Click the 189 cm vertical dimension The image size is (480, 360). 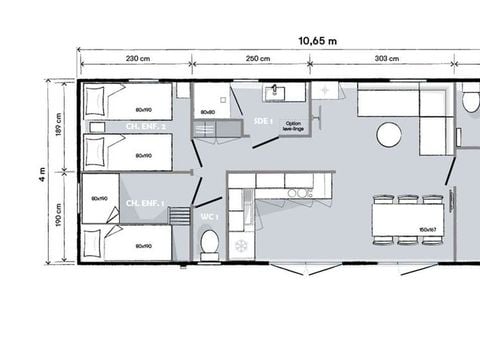click(x=59, y=128)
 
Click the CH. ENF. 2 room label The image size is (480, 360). click(x=146, y=127)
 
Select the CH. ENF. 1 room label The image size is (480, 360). click(x=146, y=204)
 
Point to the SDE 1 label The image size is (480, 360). click(x=265, y=120)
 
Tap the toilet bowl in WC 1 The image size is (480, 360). click(x=210, y=243)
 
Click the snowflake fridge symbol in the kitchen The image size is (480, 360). click(x=240, y=243)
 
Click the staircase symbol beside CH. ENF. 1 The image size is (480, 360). click(x=181, y=216)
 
